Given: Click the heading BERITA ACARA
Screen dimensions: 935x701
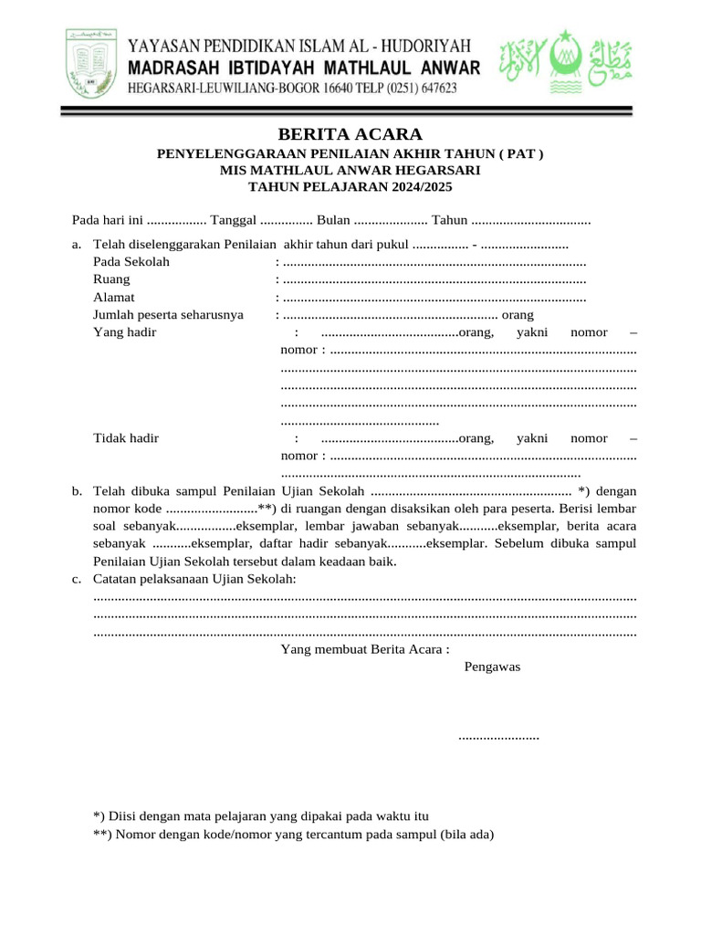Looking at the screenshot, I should [x=350, y=135].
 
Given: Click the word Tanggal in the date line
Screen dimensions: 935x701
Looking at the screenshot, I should [x=233, y=220].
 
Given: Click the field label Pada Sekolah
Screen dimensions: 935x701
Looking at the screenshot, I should [x=131, y=262].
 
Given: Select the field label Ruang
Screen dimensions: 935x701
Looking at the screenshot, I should [x=111, y=279].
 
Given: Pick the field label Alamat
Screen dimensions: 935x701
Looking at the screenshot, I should [x=114, y=297].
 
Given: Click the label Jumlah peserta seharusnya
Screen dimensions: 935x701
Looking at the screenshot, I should [x=168, y=314].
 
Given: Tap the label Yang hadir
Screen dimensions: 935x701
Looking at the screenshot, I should [x=125, y=331].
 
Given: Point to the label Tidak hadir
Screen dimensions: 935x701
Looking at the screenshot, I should [x=126, y=437].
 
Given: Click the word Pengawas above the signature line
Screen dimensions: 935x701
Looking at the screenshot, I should [x=492, y=666].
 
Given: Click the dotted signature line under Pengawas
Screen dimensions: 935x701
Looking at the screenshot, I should [x=498, y=736].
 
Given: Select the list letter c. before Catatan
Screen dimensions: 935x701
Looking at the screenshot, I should [x=77, y=579].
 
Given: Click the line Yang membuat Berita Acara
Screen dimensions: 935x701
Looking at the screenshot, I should [x=365, y=649].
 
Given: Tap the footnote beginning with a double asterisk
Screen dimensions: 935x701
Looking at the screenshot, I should [x=293, y=833].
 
